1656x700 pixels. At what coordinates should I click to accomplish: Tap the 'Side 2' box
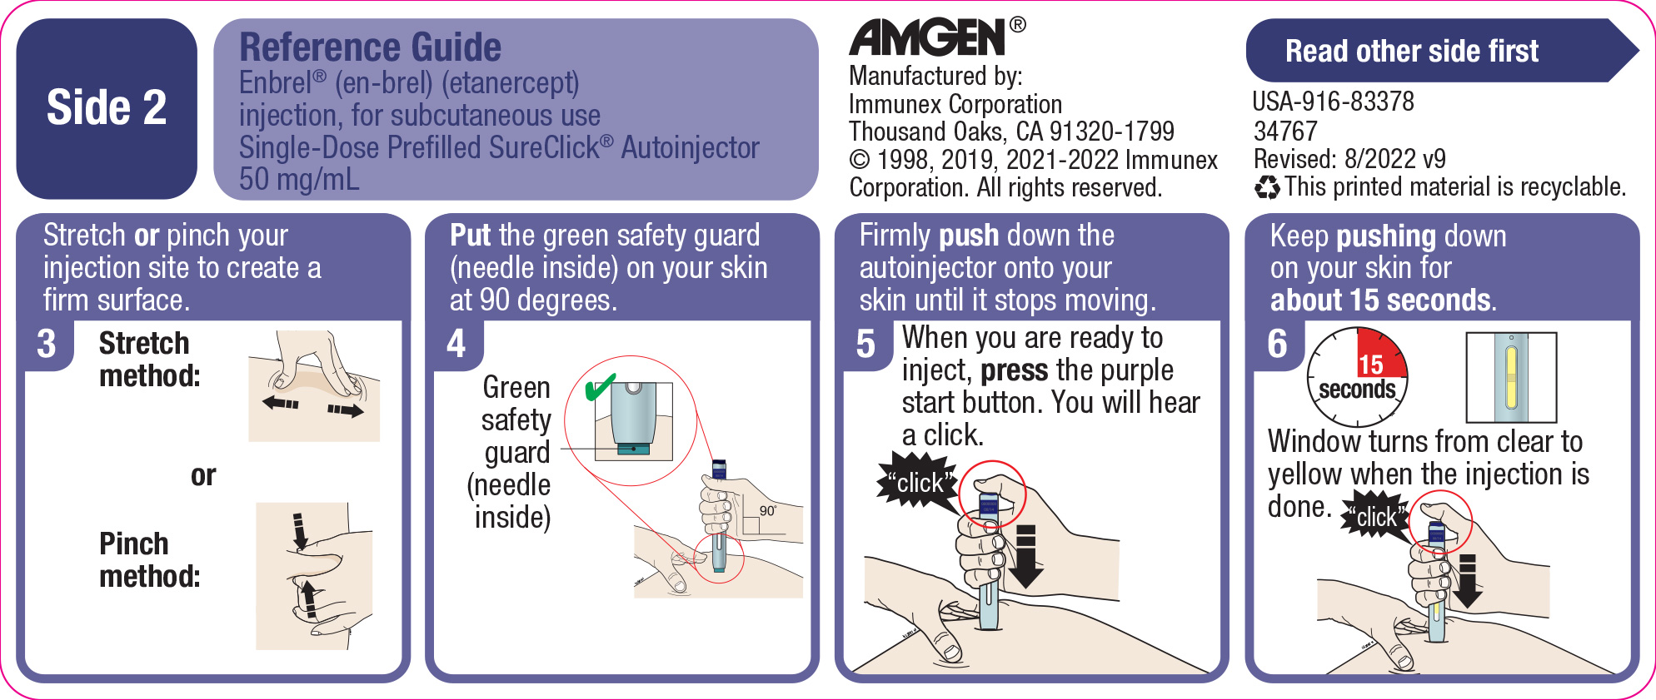coord(107,108)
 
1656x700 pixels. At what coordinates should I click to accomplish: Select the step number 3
coord(47,344)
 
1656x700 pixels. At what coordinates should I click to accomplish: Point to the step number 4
coord(456,344)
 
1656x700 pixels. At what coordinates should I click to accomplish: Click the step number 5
coord(865,345)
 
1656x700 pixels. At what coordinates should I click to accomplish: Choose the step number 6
coord(1276,344)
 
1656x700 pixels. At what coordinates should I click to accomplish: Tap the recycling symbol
coord(1266,187)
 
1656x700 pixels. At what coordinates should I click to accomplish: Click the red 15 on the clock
coord(1371,364)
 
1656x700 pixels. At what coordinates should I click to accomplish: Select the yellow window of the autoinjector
coord(1511,377)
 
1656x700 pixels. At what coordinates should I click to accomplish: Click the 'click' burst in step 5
coord(916,482)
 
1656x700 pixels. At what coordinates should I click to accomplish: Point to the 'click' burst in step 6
coord(1374,517)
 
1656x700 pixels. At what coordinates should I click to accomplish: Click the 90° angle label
coord(767,510)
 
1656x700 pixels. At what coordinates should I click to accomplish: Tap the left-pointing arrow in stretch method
coord(280,404)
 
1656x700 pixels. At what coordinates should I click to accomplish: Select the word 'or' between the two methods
coord(202,475)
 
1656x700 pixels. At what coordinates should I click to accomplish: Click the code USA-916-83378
coord(1333,102)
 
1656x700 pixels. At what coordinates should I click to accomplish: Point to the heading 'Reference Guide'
coord(370,47)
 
